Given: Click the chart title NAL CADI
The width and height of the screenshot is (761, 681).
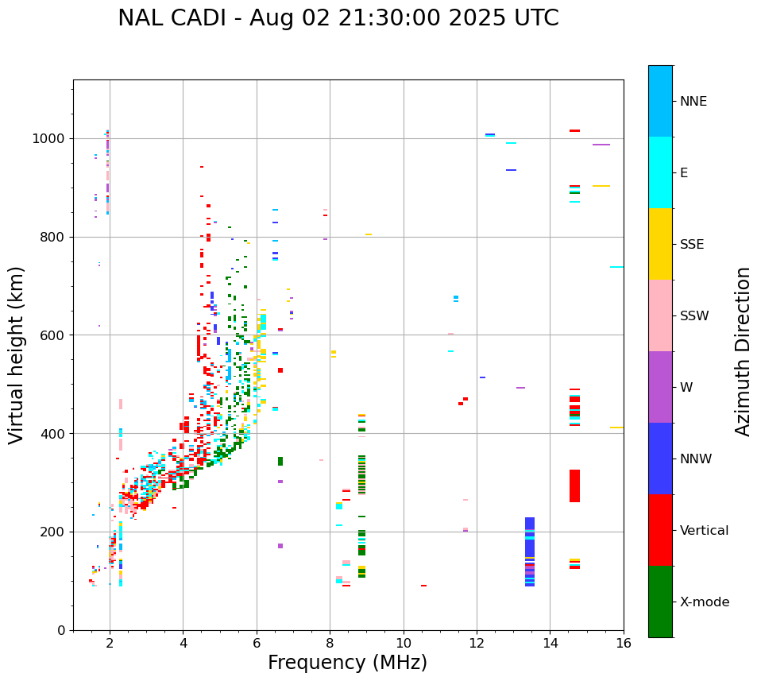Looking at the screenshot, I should (x=338, y=18).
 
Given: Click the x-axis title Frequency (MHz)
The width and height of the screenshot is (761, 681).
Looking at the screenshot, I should (x=347, y=663).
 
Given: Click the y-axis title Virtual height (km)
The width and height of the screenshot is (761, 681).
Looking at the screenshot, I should (x=17, y=355).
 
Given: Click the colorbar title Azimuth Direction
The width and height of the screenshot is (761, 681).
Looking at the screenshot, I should (x=743, y=351).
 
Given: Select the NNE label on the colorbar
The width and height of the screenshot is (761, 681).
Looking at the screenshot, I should (x=693, y=102).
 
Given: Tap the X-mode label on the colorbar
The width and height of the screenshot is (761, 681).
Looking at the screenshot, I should (x=704, y=602).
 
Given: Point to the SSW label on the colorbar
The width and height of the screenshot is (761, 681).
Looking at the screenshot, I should (x=694, y=316).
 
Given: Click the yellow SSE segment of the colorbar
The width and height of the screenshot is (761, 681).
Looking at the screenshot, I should (x=660, y=244).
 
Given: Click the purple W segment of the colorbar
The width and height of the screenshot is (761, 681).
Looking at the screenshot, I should (x=660, y=387).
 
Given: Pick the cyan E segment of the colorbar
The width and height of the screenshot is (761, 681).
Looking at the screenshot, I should (x=660, y=172).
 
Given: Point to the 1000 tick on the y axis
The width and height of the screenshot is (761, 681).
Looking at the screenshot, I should (x=52, y=138).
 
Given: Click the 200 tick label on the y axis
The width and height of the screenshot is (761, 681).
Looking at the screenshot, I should (x=56, y=532).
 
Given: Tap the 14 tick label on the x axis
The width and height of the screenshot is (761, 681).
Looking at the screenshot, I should (x=550, y=643).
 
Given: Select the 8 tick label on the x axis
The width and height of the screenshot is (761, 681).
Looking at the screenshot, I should (x=330, y=643).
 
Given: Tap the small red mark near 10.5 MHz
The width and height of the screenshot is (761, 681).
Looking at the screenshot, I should (x=423, y=586).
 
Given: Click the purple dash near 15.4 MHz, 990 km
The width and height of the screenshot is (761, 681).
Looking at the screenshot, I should (x=601, y=145).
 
